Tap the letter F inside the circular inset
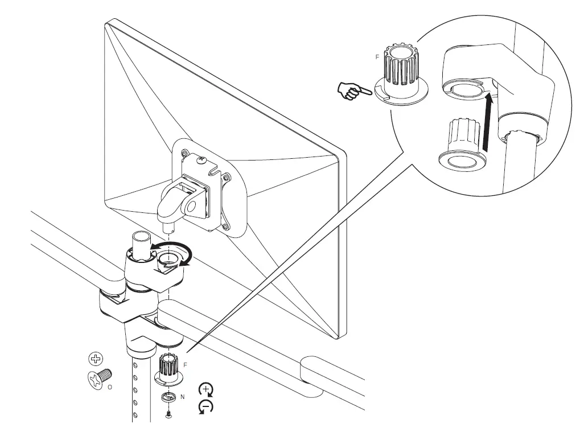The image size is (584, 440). coord(377,57)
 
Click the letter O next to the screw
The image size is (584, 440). coord(109,385)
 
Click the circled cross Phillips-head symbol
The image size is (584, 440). coord(97,359)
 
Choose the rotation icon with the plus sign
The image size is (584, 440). coord(206,390)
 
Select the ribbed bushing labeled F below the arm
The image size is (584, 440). coord(168,367)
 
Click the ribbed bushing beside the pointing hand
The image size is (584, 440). coord(401,74)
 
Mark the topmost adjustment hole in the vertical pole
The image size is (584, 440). coord(135,365)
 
